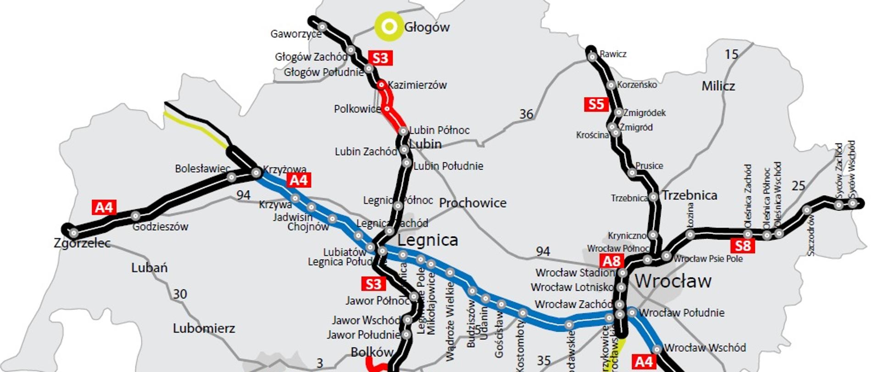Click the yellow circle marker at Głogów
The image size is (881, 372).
pyautogui.click(x=389, y=27)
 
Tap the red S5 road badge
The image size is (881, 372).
pyautogui.click(x=596, y=104)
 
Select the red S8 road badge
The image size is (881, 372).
pyautogui.click(x=742, y=246)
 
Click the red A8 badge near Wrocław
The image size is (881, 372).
pyautogui.click(x=611, y=261)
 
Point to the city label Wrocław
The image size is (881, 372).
pyautogui.click(x=673, y=281)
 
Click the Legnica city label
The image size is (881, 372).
pyautogui.click(x=427, y=240)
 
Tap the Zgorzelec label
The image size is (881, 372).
pyautogui.click(x=82, y=243)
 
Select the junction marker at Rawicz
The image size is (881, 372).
pyautogui.click(x=592, y=57)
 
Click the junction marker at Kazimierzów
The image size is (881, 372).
pyautogui.click(x=381, y=85)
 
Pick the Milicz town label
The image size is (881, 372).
pyautogui.click(x=718, y=86)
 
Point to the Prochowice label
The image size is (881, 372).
pyautogui.click(x=473, y=203)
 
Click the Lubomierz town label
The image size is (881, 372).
pyautogui.click(x=204, y=328)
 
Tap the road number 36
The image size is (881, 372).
pyautogui.click(x=526, y=114)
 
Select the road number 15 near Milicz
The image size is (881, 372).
pyautogui.click(x=731, y=55)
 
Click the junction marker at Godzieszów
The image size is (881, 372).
pyautogui.click(x=135, y=215)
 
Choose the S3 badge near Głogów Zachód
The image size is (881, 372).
pyautogui.click(x=380, y=58)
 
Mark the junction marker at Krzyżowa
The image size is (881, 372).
pyautogui.click(x=256, y=173)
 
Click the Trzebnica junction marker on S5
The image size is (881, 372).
pyautogui.click(x=653, y=197)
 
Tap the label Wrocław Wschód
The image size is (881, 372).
pyautogui.click(x=705, y=348)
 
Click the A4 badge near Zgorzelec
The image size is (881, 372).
pyautogui.click(x=104, y=208)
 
